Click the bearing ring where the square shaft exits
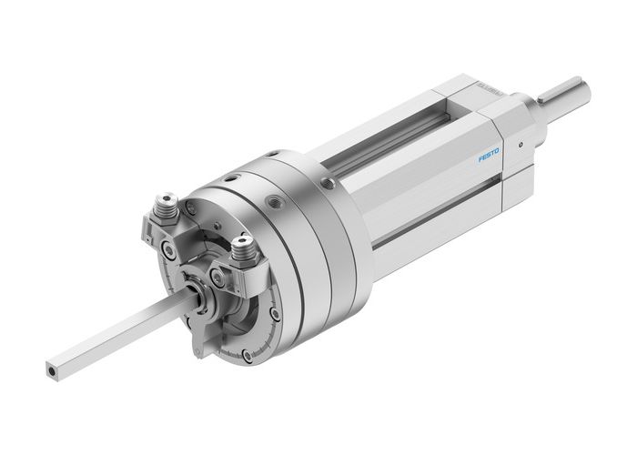pyautogui.click(x=198, y=293)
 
